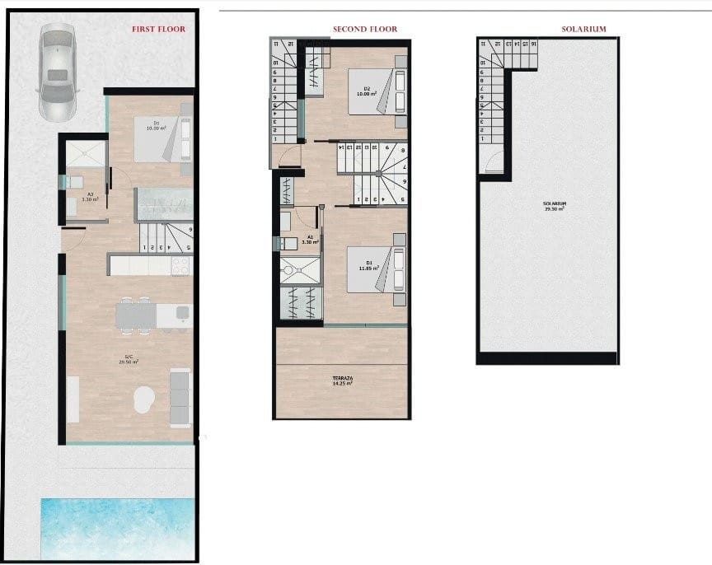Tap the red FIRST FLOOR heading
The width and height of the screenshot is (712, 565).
[x=158, y=30]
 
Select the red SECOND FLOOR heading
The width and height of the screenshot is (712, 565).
[x=364, y=30]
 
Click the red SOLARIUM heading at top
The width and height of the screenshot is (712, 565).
[x=583, y=30]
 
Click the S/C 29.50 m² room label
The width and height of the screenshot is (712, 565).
[x=126, y=360]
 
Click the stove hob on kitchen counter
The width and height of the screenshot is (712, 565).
[x=180, y=264]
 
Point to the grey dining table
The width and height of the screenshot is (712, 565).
[x=136, y=315]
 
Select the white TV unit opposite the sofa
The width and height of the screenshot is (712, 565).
[x=73, y=399]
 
